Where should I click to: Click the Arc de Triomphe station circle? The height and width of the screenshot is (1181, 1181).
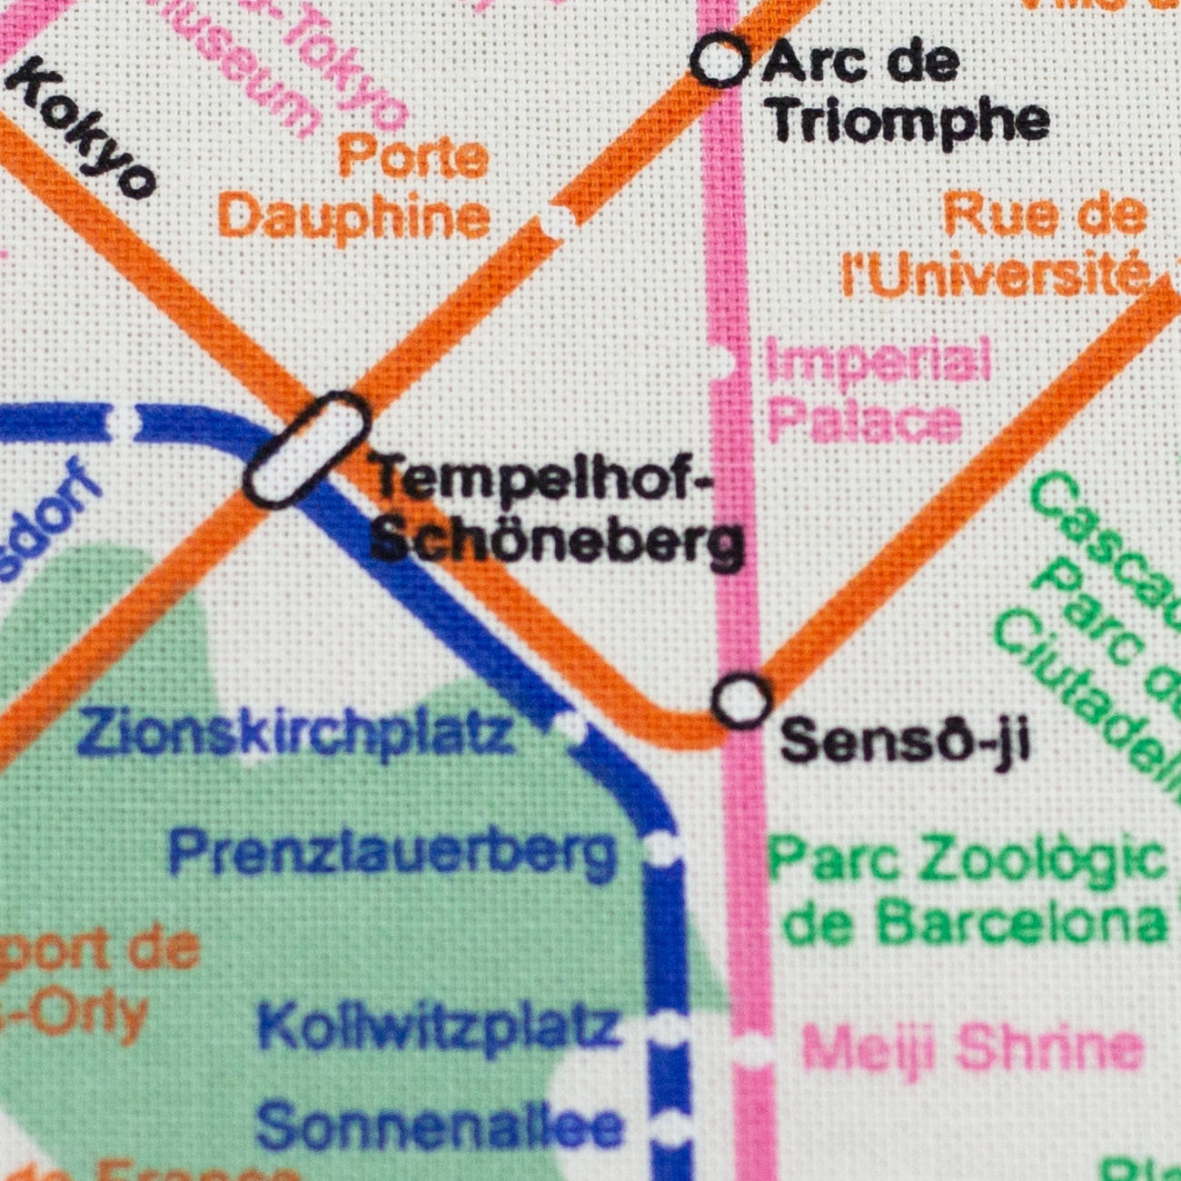tap(720, 62)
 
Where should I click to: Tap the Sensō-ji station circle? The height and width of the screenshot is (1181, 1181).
tap(743, 700)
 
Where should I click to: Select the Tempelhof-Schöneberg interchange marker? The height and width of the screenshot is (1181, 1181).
tap(308, 448)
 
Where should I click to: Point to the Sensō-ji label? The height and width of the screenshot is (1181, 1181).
tap(905, 740)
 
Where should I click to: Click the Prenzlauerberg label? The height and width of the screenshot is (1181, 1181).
tap(393, 853)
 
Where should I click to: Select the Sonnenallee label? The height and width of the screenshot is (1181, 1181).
tap(440, 1125)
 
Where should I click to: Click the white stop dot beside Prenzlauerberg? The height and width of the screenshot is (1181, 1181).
tap(662, 849)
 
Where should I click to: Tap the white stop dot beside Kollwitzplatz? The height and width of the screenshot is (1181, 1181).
tap(668, 1028)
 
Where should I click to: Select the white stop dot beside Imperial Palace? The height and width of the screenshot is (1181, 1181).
tap(723, 362)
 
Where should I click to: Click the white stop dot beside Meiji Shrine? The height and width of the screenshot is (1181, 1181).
tap(752, 1050)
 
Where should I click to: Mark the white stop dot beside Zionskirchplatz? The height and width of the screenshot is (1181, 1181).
tap(570, 724)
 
